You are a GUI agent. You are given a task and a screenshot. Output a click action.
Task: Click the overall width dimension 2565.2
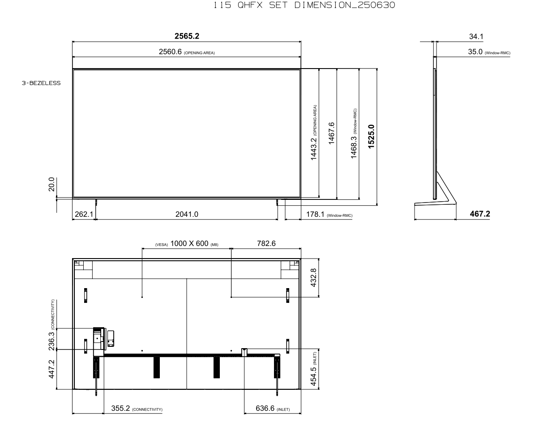pyautogui.click(x=187, y=36)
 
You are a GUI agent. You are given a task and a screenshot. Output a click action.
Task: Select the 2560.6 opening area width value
pyautogui.click(x=170, y=52)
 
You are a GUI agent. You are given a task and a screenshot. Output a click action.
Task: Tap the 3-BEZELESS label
pyautogui.click(x=41, y=83)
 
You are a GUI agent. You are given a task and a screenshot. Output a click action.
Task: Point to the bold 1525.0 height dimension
pyautogui.click(x=371, y=137)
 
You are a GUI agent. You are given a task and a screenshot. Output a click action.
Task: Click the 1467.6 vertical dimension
pyautogui.click(x=331, y=133)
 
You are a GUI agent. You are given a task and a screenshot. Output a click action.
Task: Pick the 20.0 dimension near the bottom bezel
pyautogui.click(x=51, y=185)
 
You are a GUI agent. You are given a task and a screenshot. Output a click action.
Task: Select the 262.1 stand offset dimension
pyautogui.click(x=84, y=214)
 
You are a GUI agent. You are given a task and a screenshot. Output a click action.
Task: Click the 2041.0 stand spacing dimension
pyautogui.click(x=187, y=214)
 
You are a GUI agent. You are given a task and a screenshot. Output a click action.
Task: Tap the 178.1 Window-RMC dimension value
pyautogui.click(x=315, y=214)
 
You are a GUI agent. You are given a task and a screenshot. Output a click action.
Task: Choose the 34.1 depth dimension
pyautogui.click(x=476, y=36)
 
